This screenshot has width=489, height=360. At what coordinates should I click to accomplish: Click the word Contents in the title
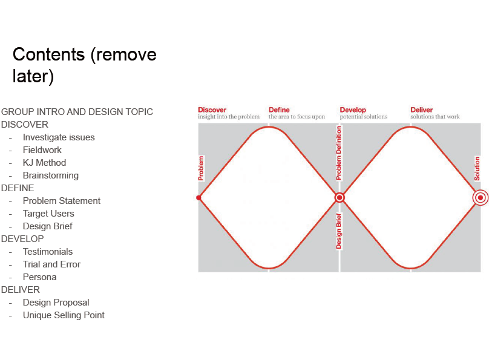point(48,54)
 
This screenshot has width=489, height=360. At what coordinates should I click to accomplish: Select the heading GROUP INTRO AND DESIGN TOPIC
point(77,111)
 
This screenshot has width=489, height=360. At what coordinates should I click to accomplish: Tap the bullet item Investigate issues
point(59,137)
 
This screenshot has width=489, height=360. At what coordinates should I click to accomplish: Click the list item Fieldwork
point(42,150)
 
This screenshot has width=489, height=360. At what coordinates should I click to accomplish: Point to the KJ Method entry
point(44,163)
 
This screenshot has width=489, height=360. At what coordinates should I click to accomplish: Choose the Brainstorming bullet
point(50,175)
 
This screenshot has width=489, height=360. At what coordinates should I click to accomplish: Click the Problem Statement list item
point(62,201)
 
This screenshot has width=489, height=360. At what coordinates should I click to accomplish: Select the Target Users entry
point(48,214)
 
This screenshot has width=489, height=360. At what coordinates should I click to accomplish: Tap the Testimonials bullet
point(48,252)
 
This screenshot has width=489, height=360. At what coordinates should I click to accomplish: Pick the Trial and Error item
point(51,264)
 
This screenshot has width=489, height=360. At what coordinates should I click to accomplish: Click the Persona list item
point(39,277)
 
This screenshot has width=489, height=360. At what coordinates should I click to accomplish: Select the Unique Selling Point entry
point(64,315)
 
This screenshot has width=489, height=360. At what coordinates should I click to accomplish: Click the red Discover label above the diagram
point(212,110)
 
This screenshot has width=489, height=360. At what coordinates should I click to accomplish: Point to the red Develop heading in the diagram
point(353,110)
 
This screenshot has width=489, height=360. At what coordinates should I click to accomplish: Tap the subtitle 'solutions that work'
point(435,117)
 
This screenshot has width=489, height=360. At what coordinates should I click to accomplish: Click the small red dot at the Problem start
point(199,198)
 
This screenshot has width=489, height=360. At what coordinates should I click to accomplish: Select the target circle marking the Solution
point(481,198)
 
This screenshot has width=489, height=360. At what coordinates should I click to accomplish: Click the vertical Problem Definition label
point(339,153)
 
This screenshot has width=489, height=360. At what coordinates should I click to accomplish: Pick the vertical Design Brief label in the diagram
point(339,231)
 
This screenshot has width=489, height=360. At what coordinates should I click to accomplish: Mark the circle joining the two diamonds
point(340,198)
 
